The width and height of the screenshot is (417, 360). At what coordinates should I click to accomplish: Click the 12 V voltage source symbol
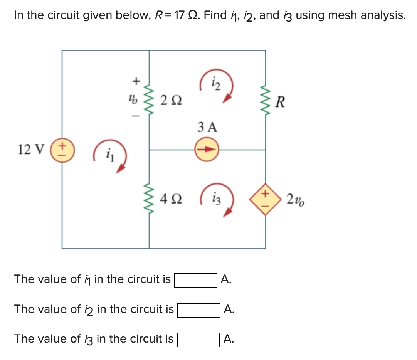coord(62,150)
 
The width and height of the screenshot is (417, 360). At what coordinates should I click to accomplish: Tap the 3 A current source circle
coord(207,150)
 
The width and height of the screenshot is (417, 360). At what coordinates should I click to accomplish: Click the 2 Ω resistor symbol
coord(149,101)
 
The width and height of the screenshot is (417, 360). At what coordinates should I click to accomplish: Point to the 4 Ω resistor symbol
coord(149,200)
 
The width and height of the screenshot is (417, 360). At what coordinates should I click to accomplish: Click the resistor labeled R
coord(265,101)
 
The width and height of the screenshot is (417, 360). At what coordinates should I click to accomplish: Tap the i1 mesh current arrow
coord(111,156)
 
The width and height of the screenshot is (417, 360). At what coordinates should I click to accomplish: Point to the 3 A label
coord(207,127)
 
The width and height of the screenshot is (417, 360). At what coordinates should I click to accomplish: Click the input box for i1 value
coord(196,280)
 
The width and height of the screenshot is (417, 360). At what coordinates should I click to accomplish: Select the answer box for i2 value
coord(198,310)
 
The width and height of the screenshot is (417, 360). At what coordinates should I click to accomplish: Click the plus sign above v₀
coord(135,81)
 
